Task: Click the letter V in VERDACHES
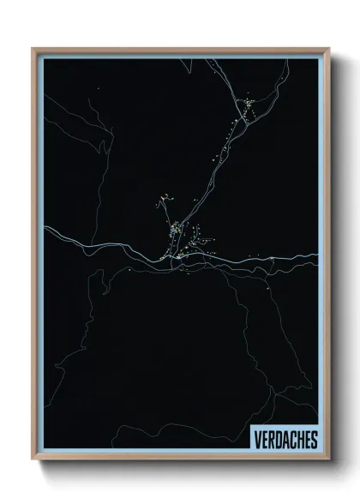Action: coord(257,440)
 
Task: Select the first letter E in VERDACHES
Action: coord(264,440)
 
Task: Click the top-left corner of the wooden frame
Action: coord(33,48)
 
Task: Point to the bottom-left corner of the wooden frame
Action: coord(33,461)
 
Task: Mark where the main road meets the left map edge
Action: coord(44,230)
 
